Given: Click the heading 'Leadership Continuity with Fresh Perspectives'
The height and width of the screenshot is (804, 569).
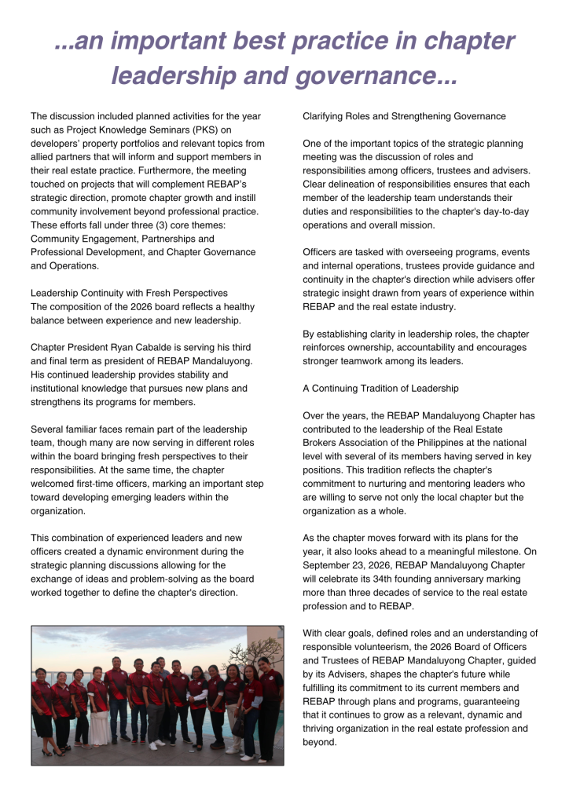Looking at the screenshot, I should pyautogui.click(x=129, y=293).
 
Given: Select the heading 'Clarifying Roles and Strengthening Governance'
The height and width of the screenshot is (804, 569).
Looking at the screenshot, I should pyautogui.click(x=404, y=116).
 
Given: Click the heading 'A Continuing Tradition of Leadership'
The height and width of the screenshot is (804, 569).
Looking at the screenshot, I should pyautogui.click(x=380, y=388).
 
